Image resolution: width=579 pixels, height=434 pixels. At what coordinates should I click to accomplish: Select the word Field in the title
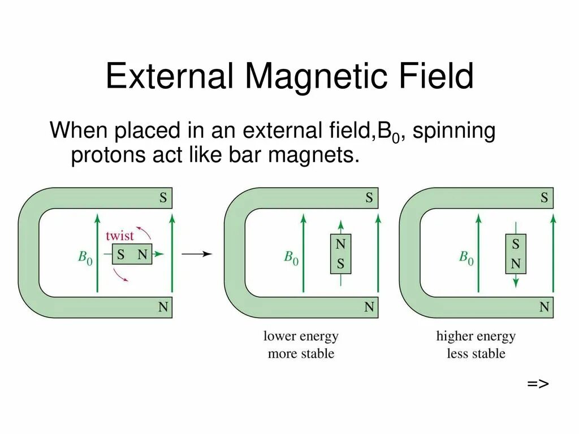pos(433,76)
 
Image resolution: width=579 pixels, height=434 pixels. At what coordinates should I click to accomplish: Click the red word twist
pos(120,236)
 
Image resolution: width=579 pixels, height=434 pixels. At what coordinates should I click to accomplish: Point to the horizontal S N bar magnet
pos(132,255)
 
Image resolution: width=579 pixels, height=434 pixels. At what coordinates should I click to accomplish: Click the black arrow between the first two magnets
pos(197,254)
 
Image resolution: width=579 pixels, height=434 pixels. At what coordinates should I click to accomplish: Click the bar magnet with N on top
pos(340,254)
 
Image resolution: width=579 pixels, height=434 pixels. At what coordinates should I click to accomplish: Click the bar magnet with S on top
pos(516,254)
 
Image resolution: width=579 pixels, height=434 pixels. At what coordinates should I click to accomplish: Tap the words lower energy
pos(301,336)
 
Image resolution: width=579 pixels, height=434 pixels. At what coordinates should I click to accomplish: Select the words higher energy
pos(476,336)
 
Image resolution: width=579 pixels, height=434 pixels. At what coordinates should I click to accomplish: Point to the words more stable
pos(301,354)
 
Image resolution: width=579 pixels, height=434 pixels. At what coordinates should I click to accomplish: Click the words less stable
pos(476,354)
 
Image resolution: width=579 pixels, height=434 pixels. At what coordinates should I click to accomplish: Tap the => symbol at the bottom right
pos(538,384)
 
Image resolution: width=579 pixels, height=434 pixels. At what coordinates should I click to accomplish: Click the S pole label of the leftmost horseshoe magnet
pos(163,198)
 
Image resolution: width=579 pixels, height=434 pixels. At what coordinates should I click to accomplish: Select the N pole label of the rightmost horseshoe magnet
pos(544,307)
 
